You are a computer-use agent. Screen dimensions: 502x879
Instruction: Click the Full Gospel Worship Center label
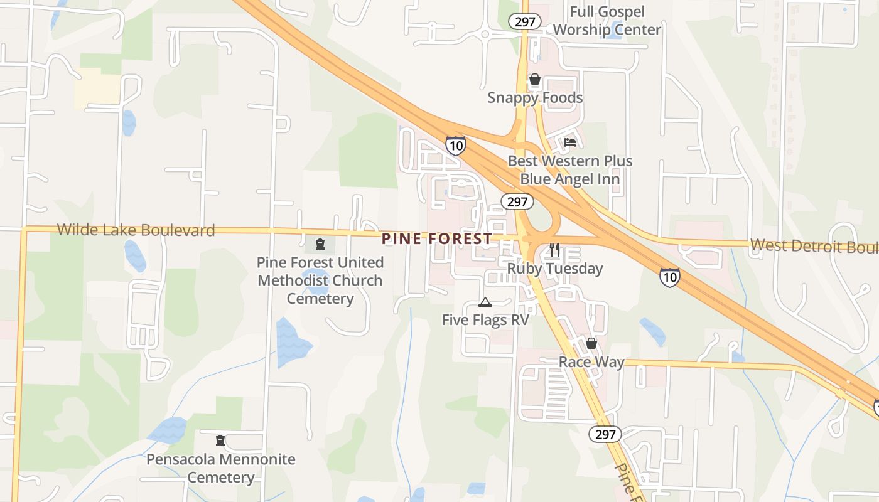coord(607,21)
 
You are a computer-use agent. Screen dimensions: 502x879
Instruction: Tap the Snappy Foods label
coord(535,98)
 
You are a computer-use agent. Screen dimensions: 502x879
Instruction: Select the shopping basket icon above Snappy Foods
coord(535,80)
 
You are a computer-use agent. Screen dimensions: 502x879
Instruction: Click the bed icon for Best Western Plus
coord(570,142)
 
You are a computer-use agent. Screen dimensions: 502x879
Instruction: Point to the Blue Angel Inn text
coord(570,179)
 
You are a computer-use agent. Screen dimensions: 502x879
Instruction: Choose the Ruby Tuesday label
coord(555,269)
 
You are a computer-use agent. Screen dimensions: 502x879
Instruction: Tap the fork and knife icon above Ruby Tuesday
coord(554,250)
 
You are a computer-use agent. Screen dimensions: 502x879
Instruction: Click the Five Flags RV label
coord(485,320)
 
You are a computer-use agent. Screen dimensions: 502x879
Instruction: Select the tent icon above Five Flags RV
coord(485,302)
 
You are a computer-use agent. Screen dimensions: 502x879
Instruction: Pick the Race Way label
coord(591,362)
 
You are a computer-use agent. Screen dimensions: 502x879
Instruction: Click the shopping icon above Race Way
coord(591,344)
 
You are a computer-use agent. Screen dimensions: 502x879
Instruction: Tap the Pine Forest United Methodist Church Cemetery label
coord(320,280)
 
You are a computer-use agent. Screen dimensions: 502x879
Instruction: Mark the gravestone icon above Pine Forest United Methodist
coord(320,243)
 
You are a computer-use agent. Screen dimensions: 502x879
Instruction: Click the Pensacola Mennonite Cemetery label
coord(220,468)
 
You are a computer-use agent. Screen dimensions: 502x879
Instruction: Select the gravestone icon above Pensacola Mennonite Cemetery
coord(220,441)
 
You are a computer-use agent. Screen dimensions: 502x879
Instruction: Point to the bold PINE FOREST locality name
coord(437,238)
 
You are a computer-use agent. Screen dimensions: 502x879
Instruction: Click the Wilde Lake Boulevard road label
coord(136,230)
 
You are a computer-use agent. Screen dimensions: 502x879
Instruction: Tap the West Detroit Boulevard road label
coord(814,246)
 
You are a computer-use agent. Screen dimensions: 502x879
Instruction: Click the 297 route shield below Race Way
coord(605,434)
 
